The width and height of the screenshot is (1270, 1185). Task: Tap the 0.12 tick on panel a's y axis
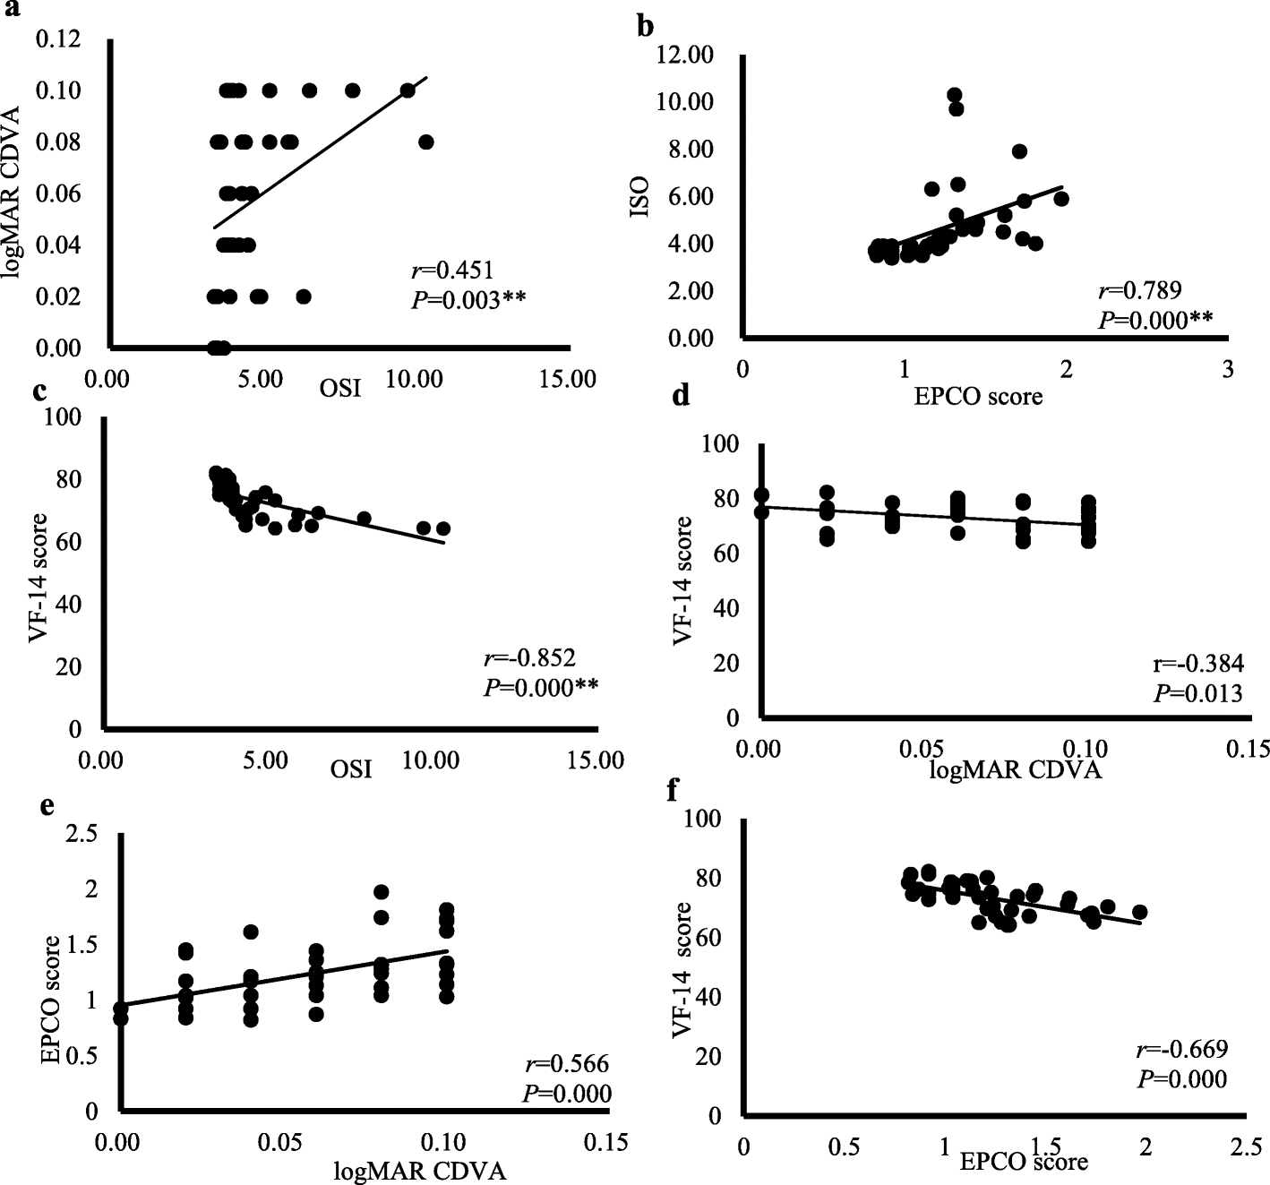(59, 39)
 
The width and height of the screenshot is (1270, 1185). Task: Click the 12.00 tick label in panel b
(685, 56)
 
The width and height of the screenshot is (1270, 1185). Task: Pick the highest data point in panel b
(955, 95)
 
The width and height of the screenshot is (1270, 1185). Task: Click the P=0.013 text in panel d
(1197, 693)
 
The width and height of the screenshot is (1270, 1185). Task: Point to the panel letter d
(682, 395)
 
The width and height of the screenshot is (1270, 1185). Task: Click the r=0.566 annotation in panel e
(566, 1064)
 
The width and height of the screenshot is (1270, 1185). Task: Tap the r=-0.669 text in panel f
(1181, 1050)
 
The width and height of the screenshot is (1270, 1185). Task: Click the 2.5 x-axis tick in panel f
(1243, 1148)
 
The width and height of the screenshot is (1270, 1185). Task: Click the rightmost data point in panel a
(426, 142)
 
